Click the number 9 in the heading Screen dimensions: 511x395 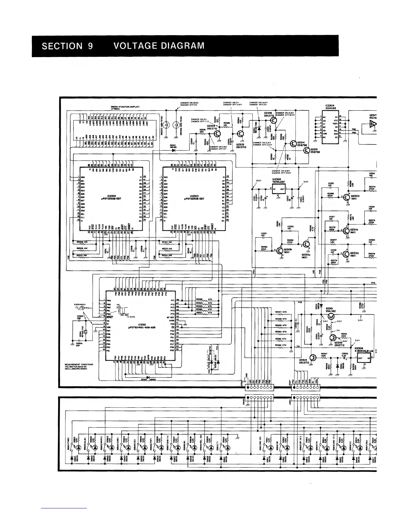pos(90,46)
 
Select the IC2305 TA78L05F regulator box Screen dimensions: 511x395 pos(278,189)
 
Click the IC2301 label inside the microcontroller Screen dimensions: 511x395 pos(140,325)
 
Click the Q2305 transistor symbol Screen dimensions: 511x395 pos(241,134)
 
